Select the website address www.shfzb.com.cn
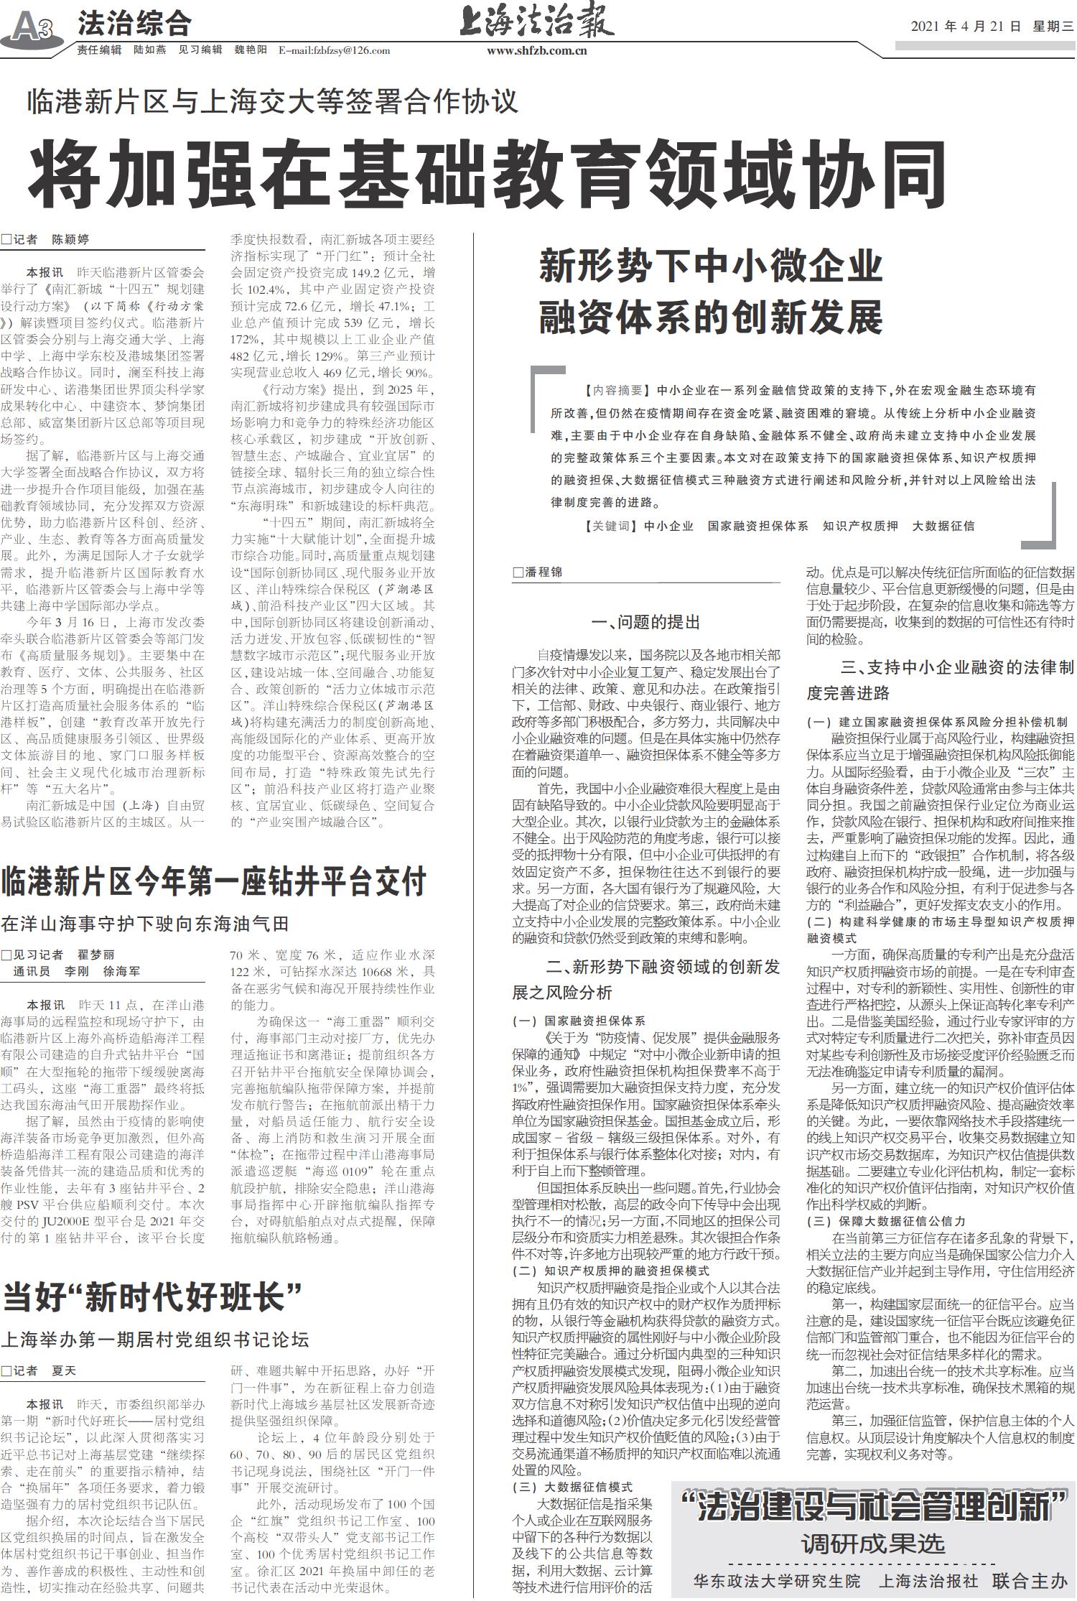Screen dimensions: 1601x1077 tap(537, 50)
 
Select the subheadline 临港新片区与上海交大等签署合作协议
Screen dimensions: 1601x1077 tap(272, 101)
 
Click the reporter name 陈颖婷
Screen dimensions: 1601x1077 tap(70, 239)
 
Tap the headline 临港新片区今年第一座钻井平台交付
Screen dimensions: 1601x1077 tap(214, 881)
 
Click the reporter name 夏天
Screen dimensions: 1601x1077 tap(63, 1370)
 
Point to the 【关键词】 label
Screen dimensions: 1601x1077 tap(611, 526)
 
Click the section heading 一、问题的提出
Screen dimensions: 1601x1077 tap(645, 622)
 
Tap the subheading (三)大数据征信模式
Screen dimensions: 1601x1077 tap(572, 1486)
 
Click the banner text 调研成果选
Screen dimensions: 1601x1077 tap(872, 1544)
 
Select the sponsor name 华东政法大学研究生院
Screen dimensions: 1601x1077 tap(776, 1581)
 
